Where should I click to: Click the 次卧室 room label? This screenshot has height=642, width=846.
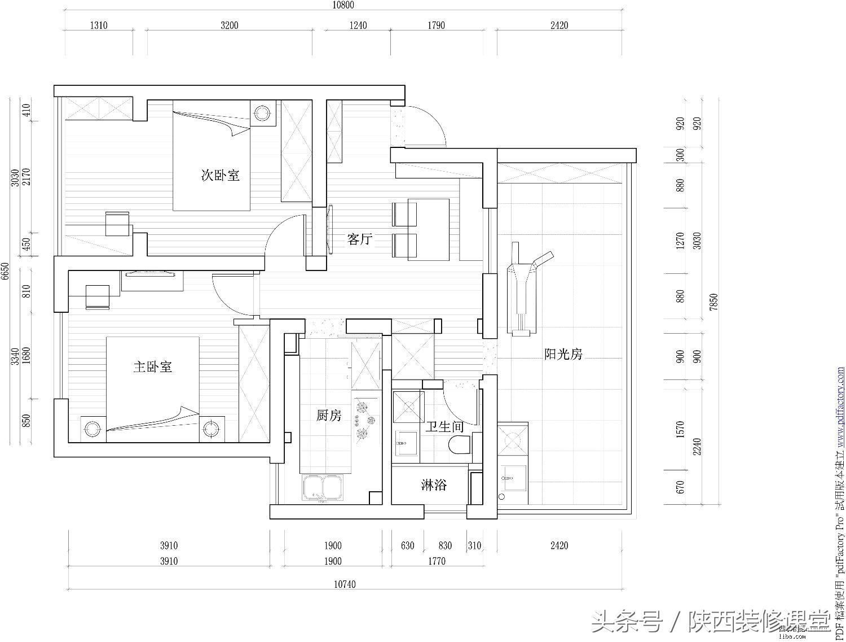tap(221, 176)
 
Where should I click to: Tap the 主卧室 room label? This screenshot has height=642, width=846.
tap(152, 367)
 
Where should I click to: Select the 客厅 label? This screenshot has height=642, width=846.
tap(359, 239)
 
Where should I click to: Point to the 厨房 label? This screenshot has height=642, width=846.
tap(329, 416)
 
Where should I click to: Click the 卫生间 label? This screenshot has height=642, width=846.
tap(444, 427)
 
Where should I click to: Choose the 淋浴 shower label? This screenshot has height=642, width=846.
tap(434, 485)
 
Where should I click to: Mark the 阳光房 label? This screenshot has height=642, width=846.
tap(563, 355)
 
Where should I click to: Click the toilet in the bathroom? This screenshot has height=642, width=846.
tap(460, 445)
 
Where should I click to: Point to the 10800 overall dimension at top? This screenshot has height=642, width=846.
tap(343, 6)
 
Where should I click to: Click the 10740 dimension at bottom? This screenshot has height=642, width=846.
tap(345, 585)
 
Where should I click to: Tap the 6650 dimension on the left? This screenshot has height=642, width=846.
tap(5, 271)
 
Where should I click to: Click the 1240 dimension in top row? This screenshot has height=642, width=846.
tap(358, 25)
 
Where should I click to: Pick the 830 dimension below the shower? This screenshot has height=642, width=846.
tap(445, 545)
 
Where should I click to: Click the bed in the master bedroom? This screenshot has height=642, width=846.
tap(152, 390)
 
